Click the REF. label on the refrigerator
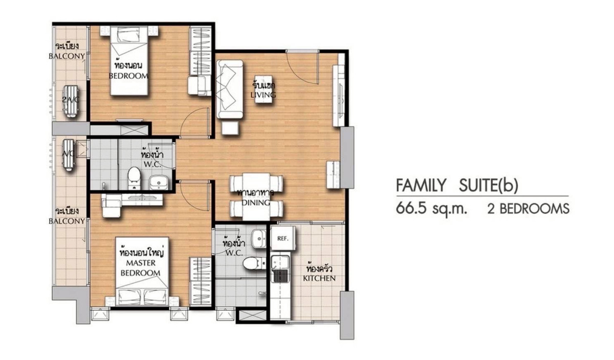[282, 239]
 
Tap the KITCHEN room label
[319, 278]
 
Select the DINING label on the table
[256, 202]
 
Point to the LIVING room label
[263, 95]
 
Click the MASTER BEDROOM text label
[141, 268]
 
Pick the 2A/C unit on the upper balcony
[71, 101]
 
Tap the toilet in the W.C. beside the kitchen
[254, 263]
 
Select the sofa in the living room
[230, 89]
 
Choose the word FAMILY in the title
[421, 185]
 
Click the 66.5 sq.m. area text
[431, 209]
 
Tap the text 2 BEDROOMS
[528, 209]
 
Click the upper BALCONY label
[67, 56]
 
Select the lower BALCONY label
[67, 221]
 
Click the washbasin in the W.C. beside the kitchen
[259, 238]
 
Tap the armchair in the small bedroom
[197, 86]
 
